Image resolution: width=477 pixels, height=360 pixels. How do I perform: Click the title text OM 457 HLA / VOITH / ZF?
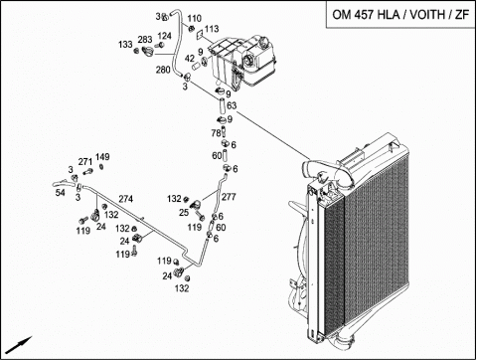[x=400, y=15]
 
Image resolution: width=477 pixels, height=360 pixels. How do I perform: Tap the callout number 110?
[x=194, y=18]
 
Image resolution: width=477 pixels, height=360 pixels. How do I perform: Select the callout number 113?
[x=212, y=29]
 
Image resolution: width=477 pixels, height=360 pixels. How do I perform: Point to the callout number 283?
[x=145, y=40]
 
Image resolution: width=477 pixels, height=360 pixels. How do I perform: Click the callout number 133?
[x=125, y=44]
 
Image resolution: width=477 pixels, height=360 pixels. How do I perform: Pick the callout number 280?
[x=163, y=70]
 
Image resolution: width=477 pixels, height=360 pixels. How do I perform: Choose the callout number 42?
[x=190, y=59]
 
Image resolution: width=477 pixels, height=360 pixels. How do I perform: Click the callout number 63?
[x=232, y=105]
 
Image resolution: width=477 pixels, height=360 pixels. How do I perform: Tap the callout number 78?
[x=216, y=133]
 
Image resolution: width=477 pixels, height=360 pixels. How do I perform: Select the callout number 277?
[x=229, y=197]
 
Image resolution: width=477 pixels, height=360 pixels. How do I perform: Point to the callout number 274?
[x=126, y=199]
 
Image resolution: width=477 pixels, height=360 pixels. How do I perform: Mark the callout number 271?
[x=85, y=162]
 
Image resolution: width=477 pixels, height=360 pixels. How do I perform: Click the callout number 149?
[x=102, y=157]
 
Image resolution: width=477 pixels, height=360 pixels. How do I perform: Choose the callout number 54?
[x=61, y=192]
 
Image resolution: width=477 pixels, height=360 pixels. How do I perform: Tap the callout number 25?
[x=184, y=213]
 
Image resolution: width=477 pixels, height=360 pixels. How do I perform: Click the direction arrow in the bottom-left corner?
[x=19, y=345]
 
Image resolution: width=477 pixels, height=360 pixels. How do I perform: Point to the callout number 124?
[x=164, y=36]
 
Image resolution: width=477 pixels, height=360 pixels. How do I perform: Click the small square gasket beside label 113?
[x=200, y=34]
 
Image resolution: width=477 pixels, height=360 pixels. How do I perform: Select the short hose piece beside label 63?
[x=222, y=105]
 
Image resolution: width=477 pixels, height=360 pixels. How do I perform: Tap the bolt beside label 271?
[x=88, y=172]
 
